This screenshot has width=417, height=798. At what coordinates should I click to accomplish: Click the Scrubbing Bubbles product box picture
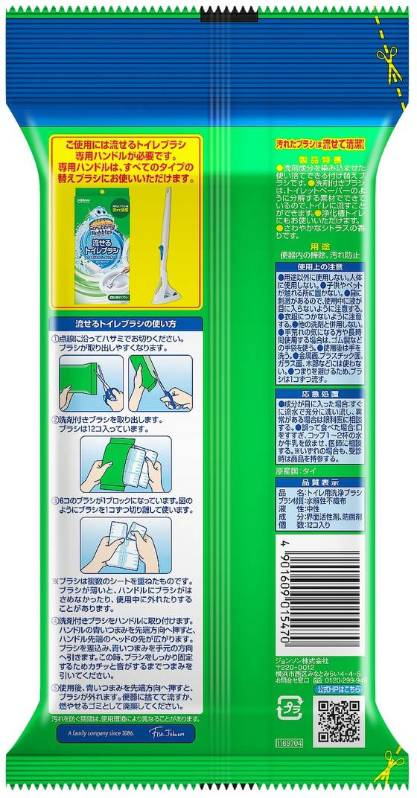[x=104, y=246]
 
